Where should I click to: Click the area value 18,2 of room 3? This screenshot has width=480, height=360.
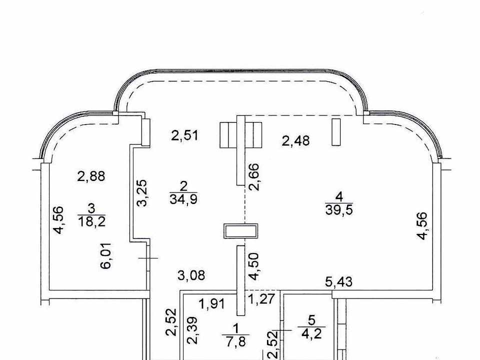pyautogui.click(x=92, y=221)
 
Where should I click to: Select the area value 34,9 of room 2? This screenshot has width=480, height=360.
pyautogui.click(x=183, y=199)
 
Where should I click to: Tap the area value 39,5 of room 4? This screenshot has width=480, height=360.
pyautogui.click(x=339, y=210)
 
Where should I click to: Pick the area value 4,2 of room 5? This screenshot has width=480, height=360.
pyautogui.click(x=311, y=333)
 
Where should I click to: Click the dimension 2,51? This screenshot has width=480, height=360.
pyautogui.click(x=184, y=135)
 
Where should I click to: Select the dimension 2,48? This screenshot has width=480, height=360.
pyautogui.click(x=295, y=141)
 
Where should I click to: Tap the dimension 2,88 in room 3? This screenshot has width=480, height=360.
pyautogui.click(x=91, y=176)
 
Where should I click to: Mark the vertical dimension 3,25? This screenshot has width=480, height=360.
pyautogui.click(x=142, y=193)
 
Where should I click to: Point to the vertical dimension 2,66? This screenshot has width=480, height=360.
pyautogui.click(x=254, y=177)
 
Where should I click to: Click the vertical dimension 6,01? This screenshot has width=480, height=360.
pyautogui.click(x=106, y=256)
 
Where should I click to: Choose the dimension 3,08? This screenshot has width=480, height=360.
pyautogui.click(x=191, y=275)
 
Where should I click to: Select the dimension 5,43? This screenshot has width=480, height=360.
pyautogui.click(x=338, y=281)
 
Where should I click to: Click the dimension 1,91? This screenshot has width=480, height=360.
pyautogui.click(x=212, y=304)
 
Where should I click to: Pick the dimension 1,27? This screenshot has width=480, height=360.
pyautogui.click(x=261, y=299)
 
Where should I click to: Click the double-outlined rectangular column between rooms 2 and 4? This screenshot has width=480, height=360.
pyautogui.click(x=240, y=231)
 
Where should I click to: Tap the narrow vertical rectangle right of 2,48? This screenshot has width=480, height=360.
pyautogui.click(x=336, y=132)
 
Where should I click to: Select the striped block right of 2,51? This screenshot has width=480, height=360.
pyautogui.click(x=240, y=135)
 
